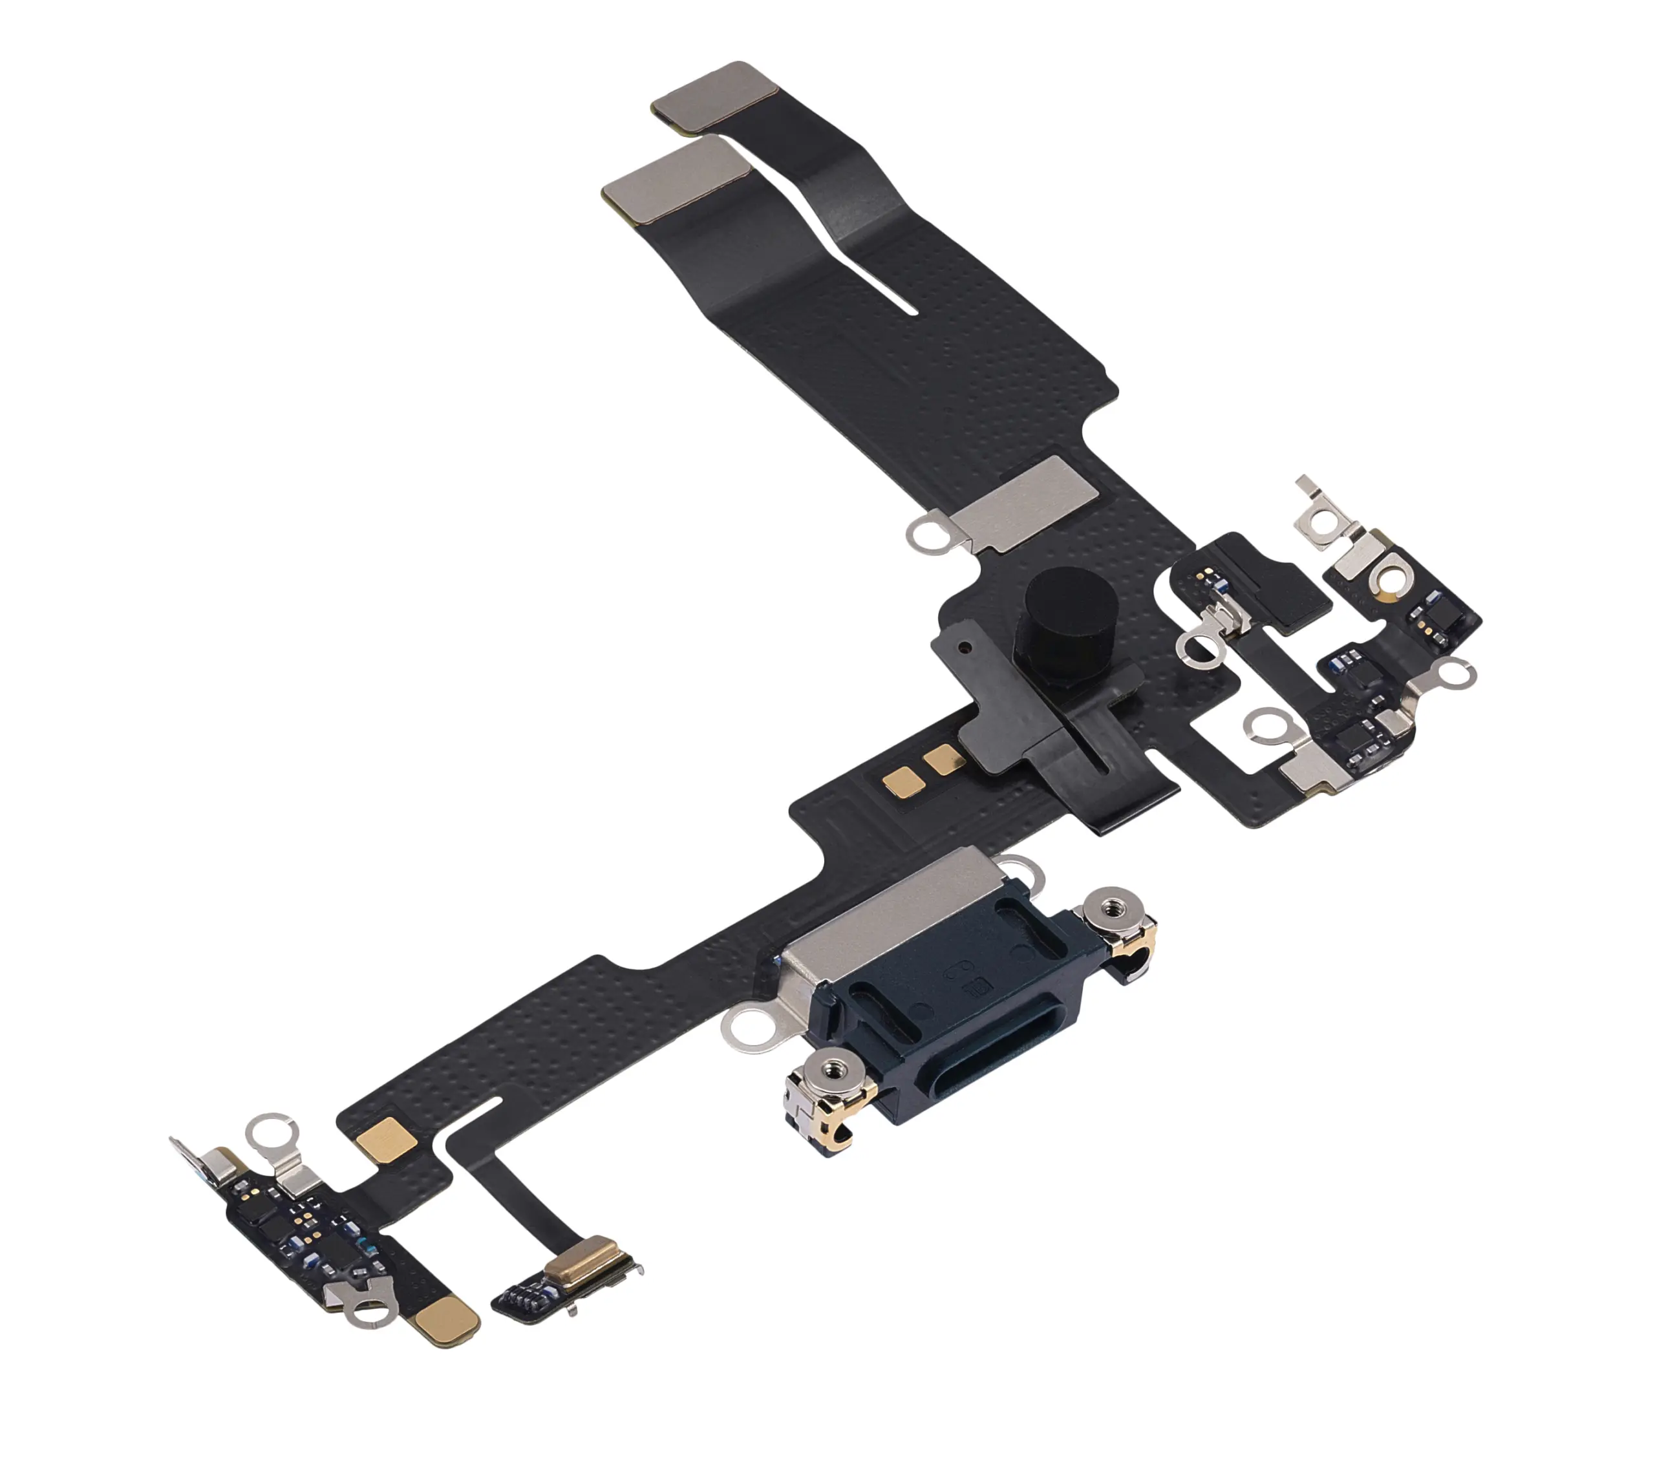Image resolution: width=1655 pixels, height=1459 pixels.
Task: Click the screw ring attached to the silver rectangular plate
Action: pos(929,535)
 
